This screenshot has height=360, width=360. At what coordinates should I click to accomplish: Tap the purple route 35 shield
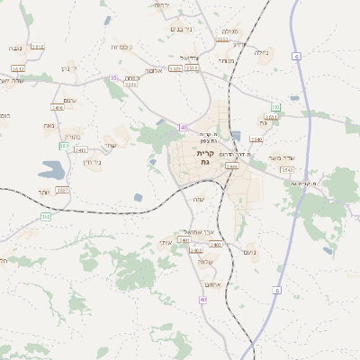(x=113, y=78)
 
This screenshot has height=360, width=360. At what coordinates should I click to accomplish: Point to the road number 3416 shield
(x=58, y=108)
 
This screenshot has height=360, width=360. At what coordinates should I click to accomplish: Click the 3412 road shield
(x=37, y=47)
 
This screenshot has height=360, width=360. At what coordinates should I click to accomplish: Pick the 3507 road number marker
(x=62, y=190)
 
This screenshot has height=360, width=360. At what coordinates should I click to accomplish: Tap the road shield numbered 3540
(x=256, y=139)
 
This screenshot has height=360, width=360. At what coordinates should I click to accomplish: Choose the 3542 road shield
(x=287, y=169)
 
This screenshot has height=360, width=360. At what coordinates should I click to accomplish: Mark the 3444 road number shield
(x=232, y=166)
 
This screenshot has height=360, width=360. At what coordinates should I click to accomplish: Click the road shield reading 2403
(x=184, y=240)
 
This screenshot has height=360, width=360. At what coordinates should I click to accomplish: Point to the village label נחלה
(x=262, y=52)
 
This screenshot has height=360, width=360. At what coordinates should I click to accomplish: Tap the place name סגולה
(x=229, y=31)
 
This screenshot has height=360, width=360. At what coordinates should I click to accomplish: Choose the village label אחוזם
(x=213, y=284)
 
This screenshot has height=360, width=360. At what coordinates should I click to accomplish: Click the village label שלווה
(x=205, y=262)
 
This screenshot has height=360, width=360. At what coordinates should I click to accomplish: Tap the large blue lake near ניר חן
(x=52, y=169)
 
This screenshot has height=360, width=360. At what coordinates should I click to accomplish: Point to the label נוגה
(x=17, y=47)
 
